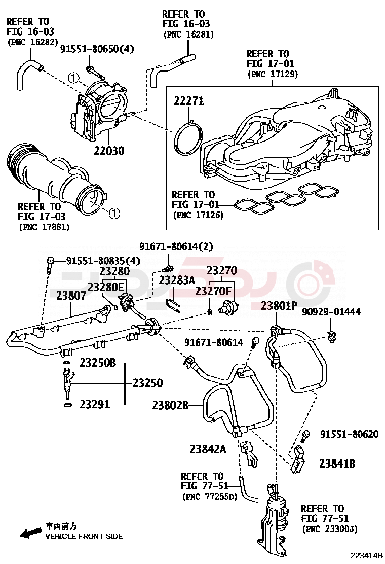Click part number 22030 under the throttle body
[109, 150]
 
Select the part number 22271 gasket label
[189, 101]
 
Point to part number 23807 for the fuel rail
[71, 295]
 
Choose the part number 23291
[95, 404]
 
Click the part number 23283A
[177, 280]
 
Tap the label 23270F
[213, 291]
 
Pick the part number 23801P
[279, 306]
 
